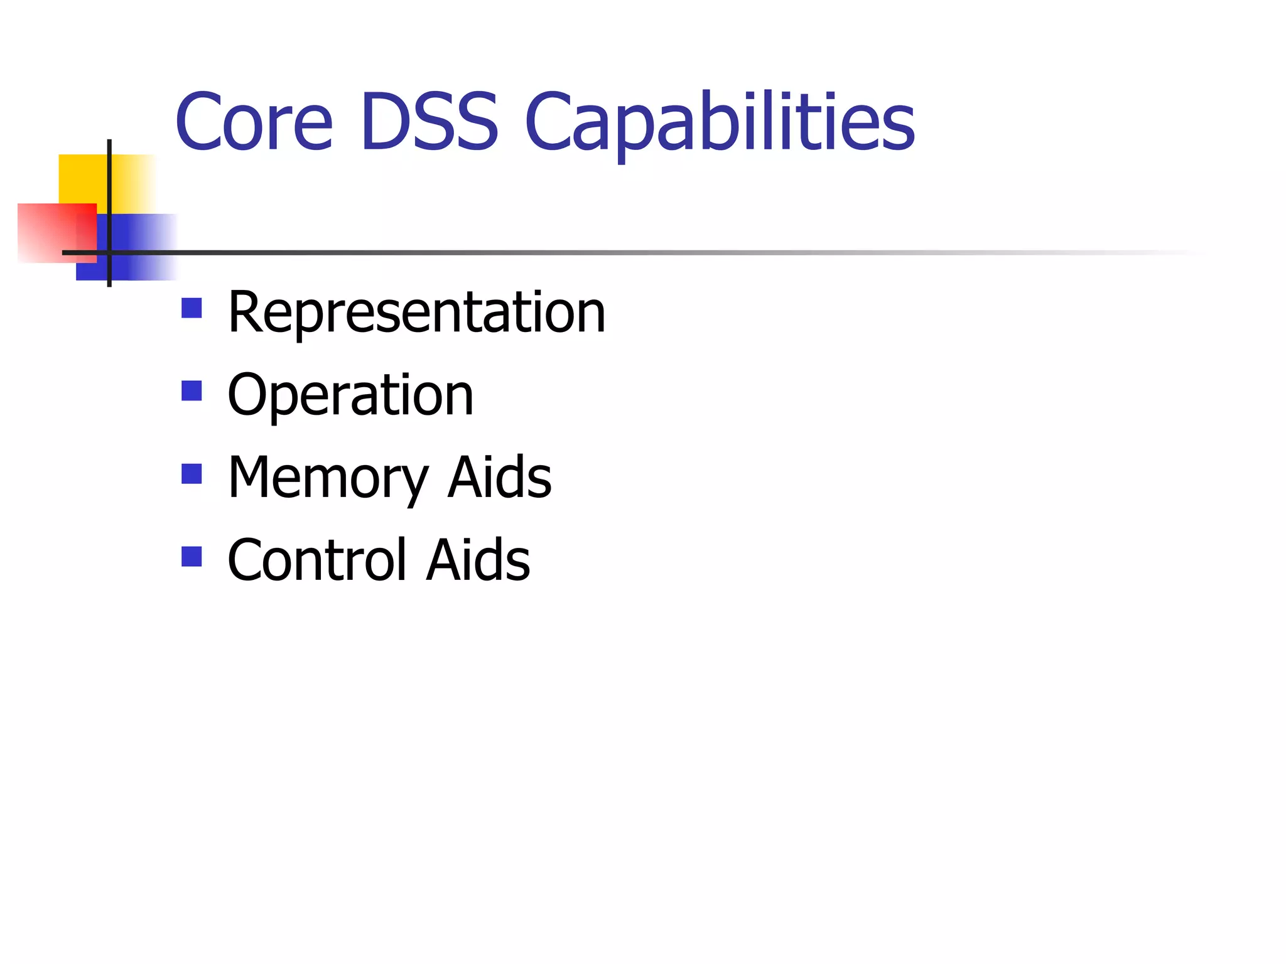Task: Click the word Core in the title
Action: tap(254, 122)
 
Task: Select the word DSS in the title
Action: tap(430, 122)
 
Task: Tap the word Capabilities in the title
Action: tap(720, 122)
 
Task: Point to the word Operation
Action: tap(350, 395)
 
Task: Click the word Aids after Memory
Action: tap(499, 478)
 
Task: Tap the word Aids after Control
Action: tap(478, 560)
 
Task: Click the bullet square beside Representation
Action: tap(192, 308)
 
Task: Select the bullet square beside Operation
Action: tap(192, 390)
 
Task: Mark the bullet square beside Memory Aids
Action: tap(192, 473)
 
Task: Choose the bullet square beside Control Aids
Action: tap(192, 556)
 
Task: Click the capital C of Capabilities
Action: tap(545, 122)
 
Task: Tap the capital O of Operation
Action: tap(247, 395)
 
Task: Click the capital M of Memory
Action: tap(251, 478)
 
